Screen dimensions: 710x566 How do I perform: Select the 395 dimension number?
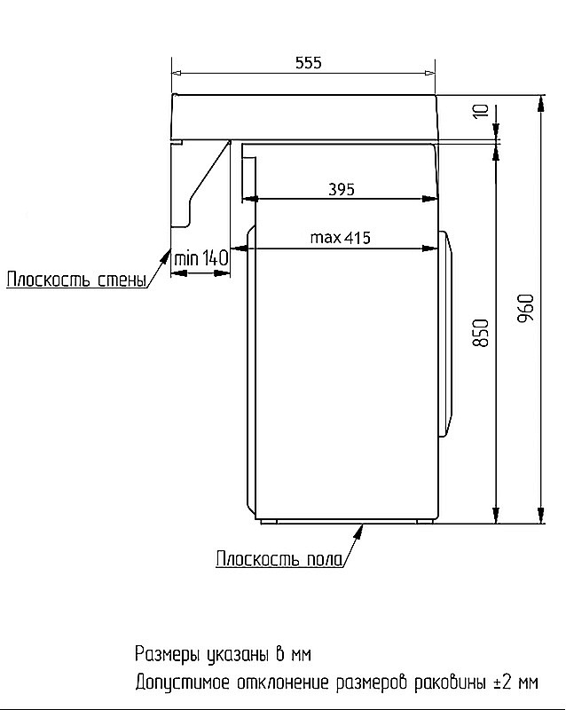[341, 189]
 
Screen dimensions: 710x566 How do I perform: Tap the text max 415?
[340, 237]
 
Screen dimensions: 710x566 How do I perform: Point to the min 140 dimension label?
[201, 258]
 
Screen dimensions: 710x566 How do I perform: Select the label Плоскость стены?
[76, 281]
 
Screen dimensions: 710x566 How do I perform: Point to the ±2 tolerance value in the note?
[500, 682]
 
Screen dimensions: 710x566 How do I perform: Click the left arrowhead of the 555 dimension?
[177, 73]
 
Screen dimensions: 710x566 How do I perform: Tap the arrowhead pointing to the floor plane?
[360, 529]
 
